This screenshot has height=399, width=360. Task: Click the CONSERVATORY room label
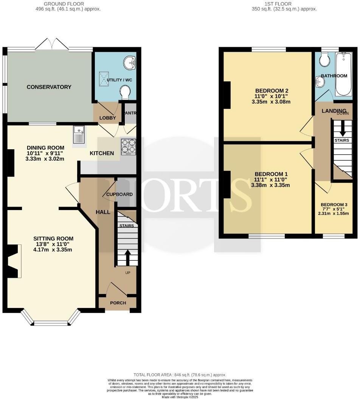[x=49, y=87]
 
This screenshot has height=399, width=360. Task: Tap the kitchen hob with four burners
[x=129, y=147]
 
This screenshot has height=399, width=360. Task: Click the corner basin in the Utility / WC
[x=131, y=62]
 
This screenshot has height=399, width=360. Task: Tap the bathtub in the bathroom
[x=343, y=74]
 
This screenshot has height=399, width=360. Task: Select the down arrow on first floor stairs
[x=343, y=129]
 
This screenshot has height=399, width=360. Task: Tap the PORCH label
[x=118, y=303]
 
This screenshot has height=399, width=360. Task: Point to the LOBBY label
[x=107, y=118]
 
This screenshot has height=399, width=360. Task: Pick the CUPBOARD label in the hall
[x=119, y=194]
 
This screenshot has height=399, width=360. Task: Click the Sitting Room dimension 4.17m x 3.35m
[x=53, y=249]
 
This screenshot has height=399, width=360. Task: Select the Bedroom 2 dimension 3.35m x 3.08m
[x=272, y=102]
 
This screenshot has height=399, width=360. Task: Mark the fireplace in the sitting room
[x=14, y=261]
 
